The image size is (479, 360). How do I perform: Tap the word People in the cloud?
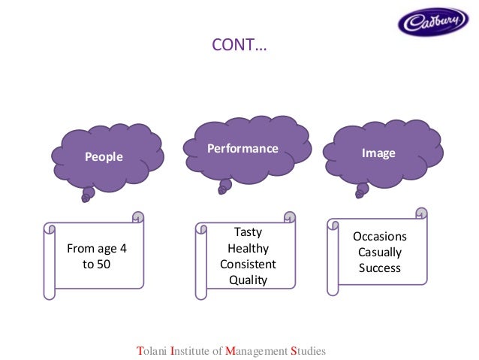104,156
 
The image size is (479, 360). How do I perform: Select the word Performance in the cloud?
243,148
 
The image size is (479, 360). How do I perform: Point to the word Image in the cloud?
378,153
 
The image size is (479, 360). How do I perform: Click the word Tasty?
248,232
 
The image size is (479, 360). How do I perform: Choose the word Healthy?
248,248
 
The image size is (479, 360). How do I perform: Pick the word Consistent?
248,265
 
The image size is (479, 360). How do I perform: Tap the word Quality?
248,281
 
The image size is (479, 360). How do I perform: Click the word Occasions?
379,236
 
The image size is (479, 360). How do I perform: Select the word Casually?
379,252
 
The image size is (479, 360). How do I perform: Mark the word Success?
379,268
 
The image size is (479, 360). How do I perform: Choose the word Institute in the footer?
193,350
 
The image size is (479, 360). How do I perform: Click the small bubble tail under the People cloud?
88,195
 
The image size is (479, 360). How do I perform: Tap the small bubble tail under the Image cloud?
361,192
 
